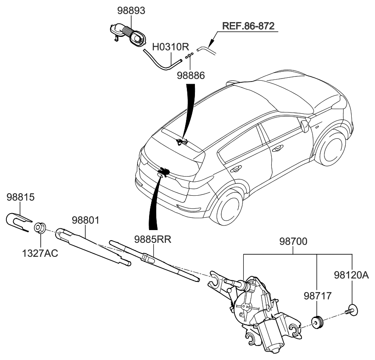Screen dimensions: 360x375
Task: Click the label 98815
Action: coord(20,198)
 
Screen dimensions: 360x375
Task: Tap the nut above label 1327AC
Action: coord(40,228)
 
